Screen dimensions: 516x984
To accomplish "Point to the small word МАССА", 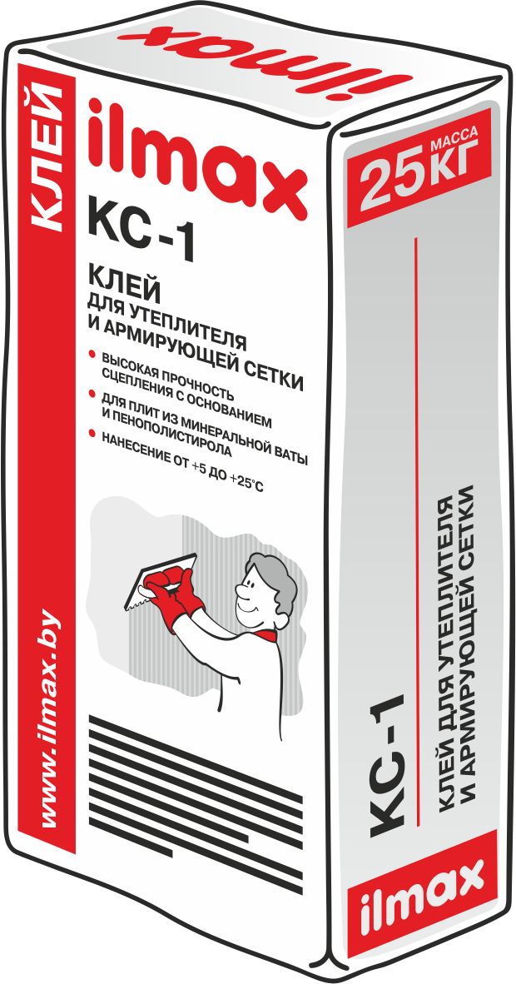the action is (x=454, y=136).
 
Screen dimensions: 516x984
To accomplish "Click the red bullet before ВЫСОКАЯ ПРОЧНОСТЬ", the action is (x=92, y=353).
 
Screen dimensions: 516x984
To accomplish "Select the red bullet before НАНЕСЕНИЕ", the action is (x=92, y=433).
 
